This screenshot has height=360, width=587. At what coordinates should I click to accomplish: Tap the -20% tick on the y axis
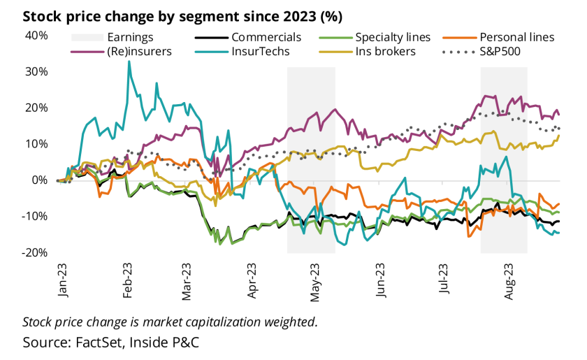click(34, 252)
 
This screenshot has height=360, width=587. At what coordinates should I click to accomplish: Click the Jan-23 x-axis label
click(63, 280)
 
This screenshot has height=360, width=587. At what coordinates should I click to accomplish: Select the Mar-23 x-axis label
click(187, 280)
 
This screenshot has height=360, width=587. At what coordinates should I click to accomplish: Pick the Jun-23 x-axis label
click(382, 280)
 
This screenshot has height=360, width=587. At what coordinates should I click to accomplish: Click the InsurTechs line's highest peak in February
click(129, 62)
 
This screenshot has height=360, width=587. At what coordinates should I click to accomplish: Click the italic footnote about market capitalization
click(170, 322)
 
